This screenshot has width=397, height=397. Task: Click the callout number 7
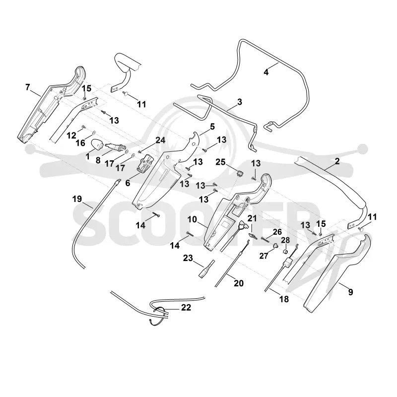click(28, 87)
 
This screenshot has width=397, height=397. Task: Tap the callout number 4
click(266, 72)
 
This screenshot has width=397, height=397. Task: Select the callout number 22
click(186, 307)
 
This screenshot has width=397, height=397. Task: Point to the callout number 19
click(77, 199)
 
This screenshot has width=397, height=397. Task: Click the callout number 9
click(351, 292)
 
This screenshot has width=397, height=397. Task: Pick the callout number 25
click(220, 162)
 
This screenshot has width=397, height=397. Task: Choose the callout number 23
click(188, 258)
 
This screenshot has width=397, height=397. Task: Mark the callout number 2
click(337, 161)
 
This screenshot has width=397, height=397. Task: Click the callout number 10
click(192, 219)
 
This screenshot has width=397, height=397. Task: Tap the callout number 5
click(212, 127)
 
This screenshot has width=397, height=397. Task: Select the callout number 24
click(160, 140)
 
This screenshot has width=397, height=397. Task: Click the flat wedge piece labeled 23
click(207, 269)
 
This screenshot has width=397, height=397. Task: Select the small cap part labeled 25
click(239, 173)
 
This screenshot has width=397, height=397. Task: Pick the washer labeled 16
click(94, 132)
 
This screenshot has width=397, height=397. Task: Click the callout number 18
click(284, 299)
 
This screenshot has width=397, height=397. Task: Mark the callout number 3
click(240, 102)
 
